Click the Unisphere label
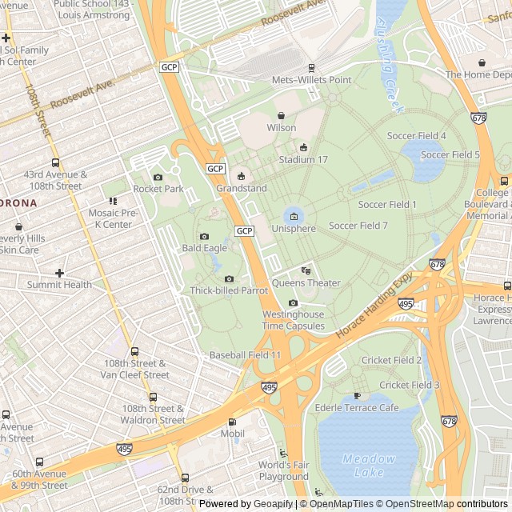(x=294, y=228)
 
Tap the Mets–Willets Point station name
(x=311, y=80)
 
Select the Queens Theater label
(x=306, y=283)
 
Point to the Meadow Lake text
(x=369, y=465)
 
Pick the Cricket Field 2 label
(x=391, y=361)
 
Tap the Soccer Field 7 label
(x=358, y=226)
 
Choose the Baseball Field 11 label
(x=245, y=354)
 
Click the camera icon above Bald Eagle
(x=204, y=237)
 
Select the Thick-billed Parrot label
(x=229, y=290)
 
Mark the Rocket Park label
(x=158, y=189)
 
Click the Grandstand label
(x=241, y=189)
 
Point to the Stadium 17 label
(x=303, y=160)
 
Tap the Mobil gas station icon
(x=232, y=422)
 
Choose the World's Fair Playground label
(x=283, y=471)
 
